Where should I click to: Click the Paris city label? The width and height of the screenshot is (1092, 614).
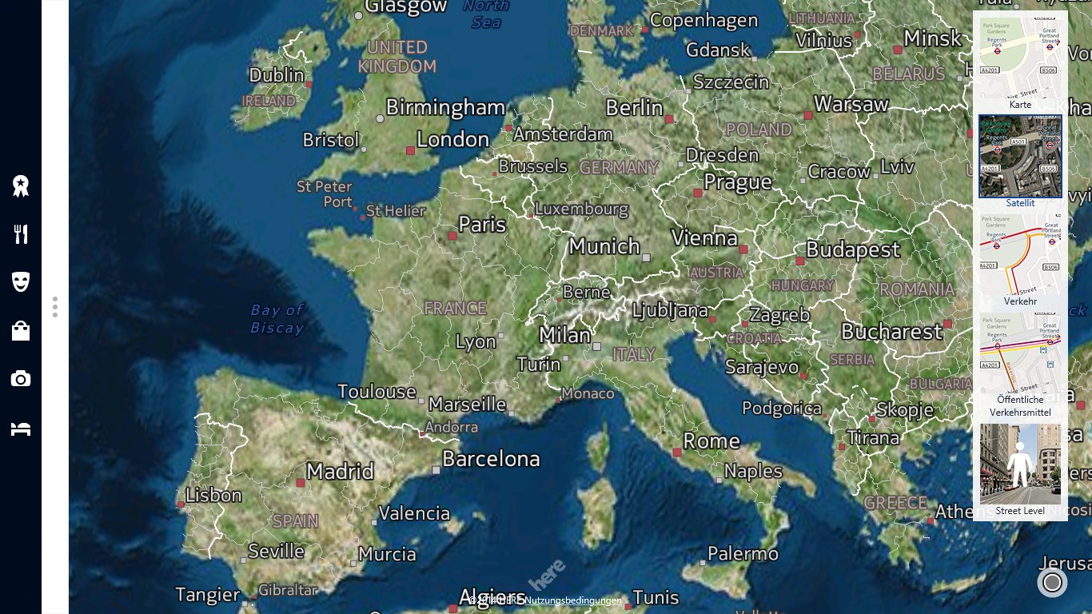point(482,225)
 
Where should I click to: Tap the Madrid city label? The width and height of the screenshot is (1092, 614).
point(340,472)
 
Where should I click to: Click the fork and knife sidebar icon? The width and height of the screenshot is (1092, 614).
point(21,234)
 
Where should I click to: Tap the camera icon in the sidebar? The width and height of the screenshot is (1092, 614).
point(21,379)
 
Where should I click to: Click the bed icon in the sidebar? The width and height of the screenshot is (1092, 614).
point(21,429)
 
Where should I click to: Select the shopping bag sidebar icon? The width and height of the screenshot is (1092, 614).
point(21,330)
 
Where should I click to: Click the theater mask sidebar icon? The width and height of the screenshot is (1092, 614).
point(21,281)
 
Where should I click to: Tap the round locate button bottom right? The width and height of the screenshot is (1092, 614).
point(1052,582)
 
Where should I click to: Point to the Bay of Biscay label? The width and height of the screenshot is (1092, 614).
point(277,318)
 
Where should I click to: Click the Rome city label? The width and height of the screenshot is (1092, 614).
point(711,441)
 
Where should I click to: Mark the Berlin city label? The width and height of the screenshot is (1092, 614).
point(634,108)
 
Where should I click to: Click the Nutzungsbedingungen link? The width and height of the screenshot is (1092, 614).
point(574,600)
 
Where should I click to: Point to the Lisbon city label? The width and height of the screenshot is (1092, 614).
point(213,496)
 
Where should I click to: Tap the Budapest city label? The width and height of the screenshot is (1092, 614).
point(853,250)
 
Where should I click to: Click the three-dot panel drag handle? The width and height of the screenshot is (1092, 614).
point(55,307)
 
